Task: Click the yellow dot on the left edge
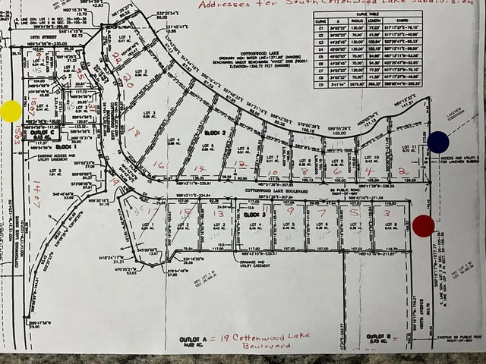tap(11, 111)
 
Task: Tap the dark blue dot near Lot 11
tap(438, 142)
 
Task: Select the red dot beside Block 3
tap(424, 225)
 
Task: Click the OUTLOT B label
tap(377, 336)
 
